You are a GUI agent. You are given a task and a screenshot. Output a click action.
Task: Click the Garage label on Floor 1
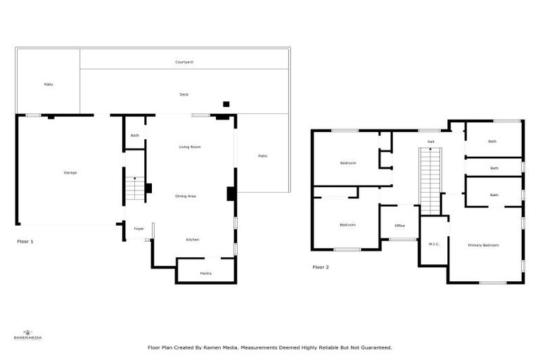click(x=70, y=172)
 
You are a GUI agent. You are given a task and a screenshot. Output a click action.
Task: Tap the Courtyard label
click(x=184, y=63)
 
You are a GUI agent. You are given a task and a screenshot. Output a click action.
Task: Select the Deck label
click(x=184, y=94)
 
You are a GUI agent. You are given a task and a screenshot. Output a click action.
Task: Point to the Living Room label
click(x=190, y=147)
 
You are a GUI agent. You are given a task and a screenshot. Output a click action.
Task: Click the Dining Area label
click(x=186, y=195)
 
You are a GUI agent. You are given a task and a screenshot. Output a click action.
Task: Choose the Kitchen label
click(x=193, y=240)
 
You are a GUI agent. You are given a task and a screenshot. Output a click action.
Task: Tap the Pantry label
click(x=206, y=273)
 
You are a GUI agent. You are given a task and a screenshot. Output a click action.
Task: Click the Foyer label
click(x=139, y=229)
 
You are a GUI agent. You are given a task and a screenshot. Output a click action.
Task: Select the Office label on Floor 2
click(x=399, y=226)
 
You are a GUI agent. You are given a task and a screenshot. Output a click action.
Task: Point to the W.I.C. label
click(x=434, y=244)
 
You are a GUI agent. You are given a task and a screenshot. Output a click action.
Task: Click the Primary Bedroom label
click(x=484, y=245)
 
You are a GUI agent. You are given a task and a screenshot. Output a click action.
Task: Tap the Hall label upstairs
click(x=430, y=141)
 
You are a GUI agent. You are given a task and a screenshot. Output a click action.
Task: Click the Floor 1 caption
click(x=25, y=241)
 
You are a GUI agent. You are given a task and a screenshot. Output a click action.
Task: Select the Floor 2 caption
click(x=321, y=267)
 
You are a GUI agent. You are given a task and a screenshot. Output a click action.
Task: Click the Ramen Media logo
click(x=28, y=335)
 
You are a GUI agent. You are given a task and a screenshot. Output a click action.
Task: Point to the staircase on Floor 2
click(x=430, y=181)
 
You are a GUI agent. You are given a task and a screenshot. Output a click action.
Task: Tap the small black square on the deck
click(x=226, y=104)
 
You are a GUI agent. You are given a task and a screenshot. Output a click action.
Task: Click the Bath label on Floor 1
click(x=134, y=135)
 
